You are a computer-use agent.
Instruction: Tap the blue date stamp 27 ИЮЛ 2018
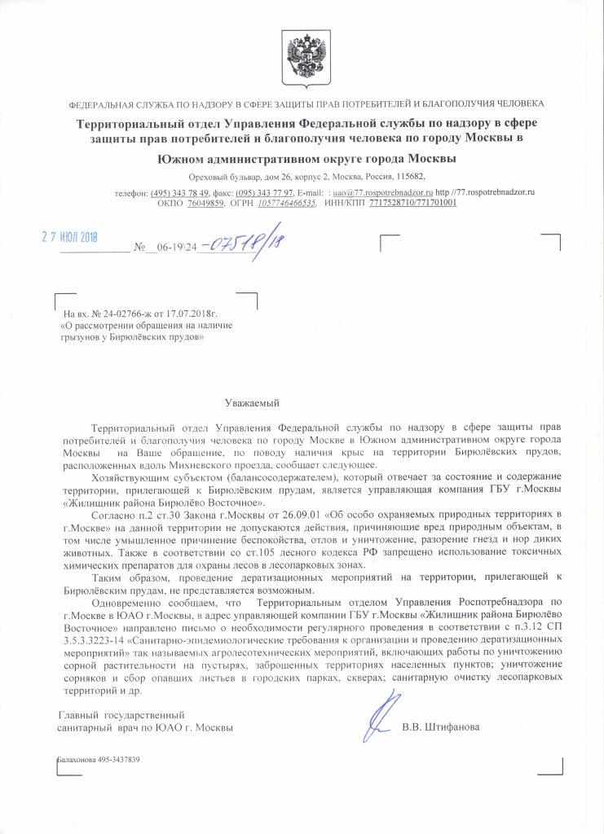(69, 236)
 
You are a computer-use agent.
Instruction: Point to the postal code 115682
(408, 176)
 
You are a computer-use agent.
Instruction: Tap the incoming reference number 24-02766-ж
(120, 313)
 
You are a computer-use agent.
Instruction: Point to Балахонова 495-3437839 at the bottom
(97, 759)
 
